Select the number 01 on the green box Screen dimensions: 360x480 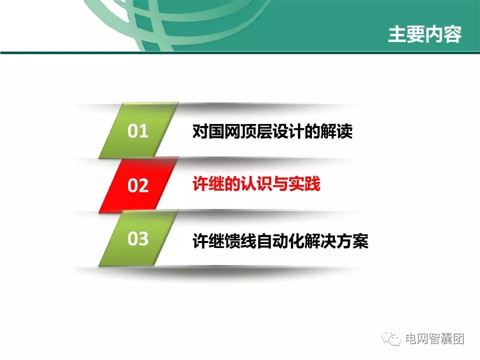click(x=138, y=132)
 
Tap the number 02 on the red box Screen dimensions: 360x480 click(x=138, y=186)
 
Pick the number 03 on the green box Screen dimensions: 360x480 click(x=138, y=239)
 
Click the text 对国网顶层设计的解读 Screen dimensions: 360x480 click(x=272, y=132)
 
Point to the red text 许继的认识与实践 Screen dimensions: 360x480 click(x=256, y=185)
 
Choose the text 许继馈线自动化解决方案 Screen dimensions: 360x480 click(x=280, y=241)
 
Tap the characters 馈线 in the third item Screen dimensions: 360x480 click(x=232, y=241)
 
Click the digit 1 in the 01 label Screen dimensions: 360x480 click(x=144, y=132)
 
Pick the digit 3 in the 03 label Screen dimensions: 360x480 click(x=144, y=239)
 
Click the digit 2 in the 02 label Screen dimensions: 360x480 click(x=144, y=186)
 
